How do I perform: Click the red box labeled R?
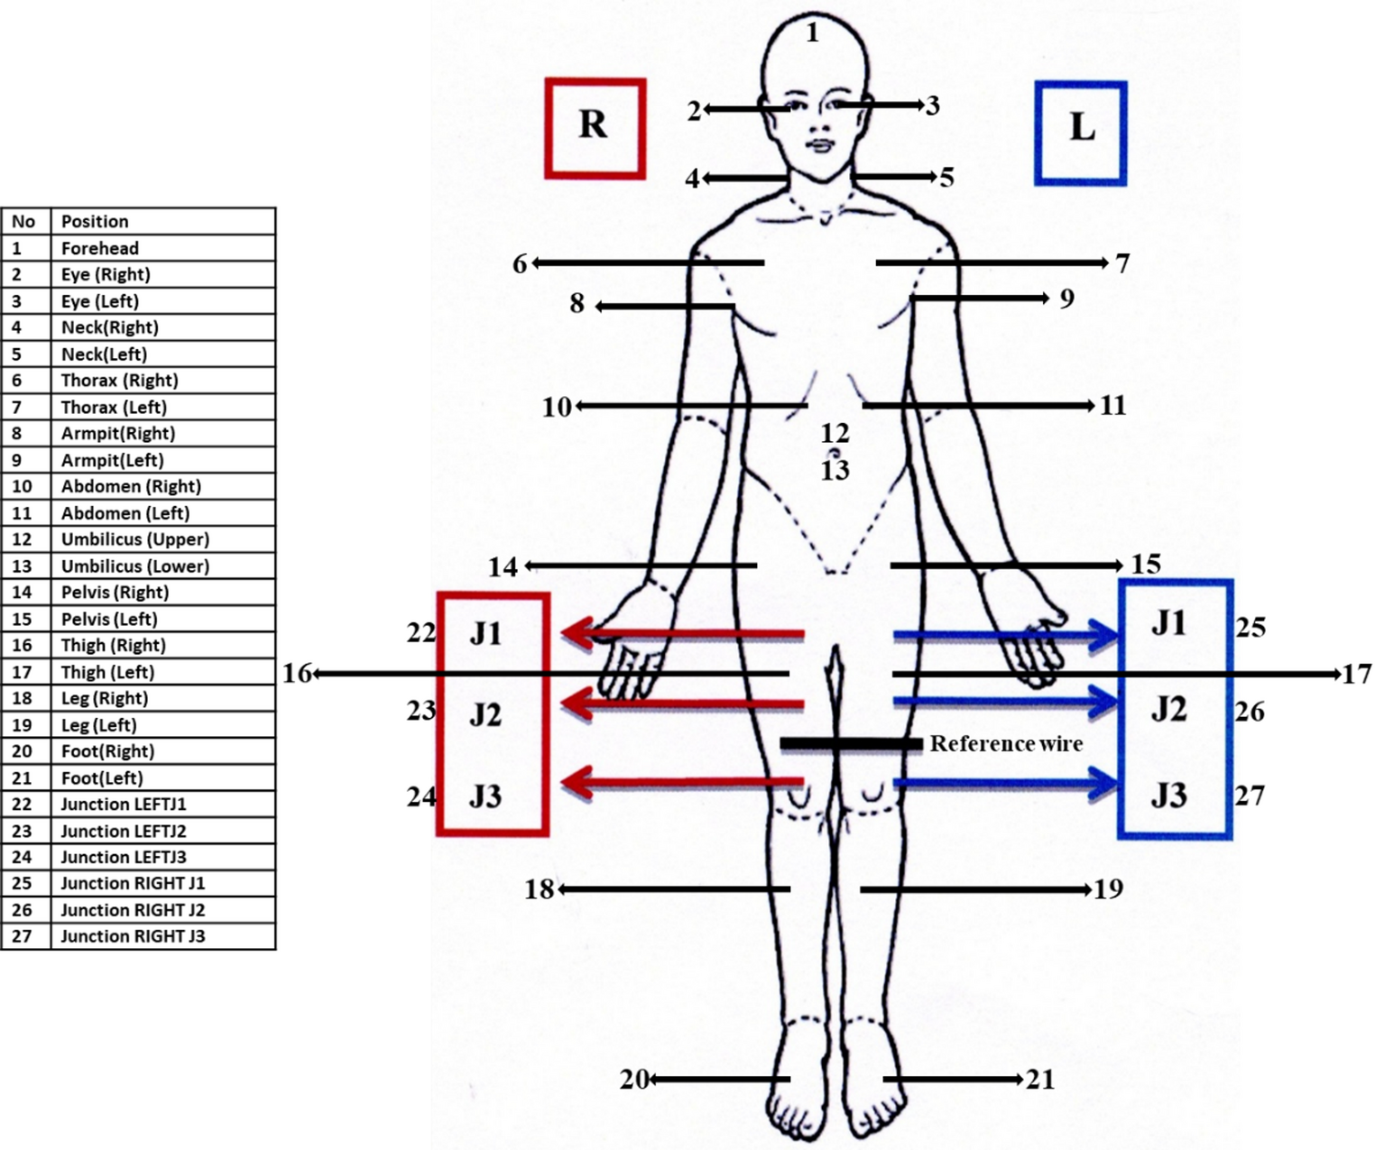(x=595, y=127)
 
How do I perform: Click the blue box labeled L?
(x=1080, y=133)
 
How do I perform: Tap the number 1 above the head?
(x=812, y=33)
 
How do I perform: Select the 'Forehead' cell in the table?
(x=100, y=248)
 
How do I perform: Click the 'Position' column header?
(x=95, y=221)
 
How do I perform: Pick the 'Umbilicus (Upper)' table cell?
(x=135, y=539)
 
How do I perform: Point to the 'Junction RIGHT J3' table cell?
(x=133, y=936)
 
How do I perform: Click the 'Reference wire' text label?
(x=1006, y=743)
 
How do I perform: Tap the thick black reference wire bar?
(x=851, y=744)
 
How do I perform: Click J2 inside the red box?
(x=485, y=714)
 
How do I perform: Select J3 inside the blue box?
(x=1168, y=796)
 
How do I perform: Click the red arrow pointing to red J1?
(x=682, y=634)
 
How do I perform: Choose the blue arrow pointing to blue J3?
(x=1006, y=783)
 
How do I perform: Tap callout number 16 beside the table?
(x=296, y=673)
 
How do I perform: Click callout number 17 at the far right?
(x=1357, y=674)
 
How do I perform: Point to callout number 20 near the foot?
(x=633, y=1079)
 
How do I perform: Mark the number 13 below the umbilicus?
(x=835, y=470)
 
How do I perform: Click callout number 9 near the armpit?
(x=1066, y=299)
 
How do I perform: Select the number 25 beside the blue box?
(x=1250, y=627)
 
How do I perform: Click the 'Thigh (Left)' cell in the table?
(x=107, y=672)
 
